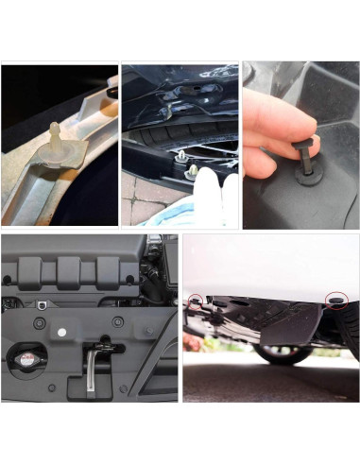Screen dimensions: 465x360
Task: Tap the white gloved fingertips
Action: [213, 198]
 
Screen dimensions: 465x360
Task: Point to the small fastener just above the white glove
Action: [191, 171]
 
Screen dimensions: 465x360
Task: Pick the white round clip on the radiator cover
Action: [62, 334]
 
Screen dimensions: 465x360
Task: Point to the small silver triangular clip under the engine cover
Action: [42, 304]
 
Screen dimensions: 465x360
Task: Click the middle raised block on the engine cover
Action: [71, 271]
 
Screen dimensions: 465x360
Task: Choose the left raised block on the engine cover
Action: [29, 272]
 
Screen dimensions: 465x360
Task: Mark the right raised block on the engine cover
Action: [111, 272]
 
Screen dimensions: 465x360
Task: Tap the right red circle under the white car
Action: [335, 301]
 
